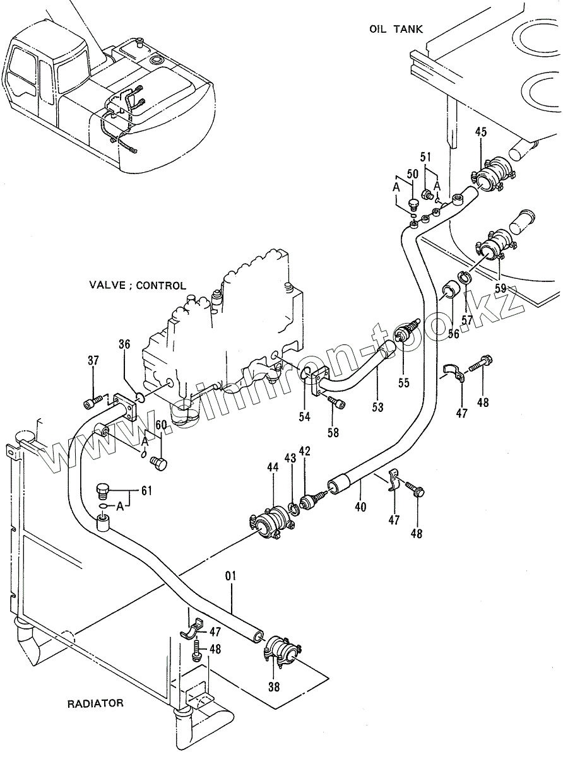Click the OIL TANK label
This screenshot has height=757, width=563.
(x=396, y=29)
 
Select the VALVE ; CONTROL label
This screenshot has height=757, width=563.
(x=138, y=285)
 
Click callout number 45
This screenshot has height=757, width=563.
(x=481, y=132)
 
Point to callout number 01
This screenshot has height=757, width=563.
(x=230, y=575)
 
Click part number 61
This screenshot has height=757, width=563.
(x=147, y=490)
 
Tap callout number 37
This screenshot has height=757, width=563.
(x=93, y=361)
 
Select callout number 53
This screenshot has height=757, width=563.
(x=377, y=408)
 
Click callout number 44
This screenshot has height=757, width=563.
(x=273, y=467)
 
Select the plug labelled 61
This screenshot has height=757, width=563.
(x=102, y=490)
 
